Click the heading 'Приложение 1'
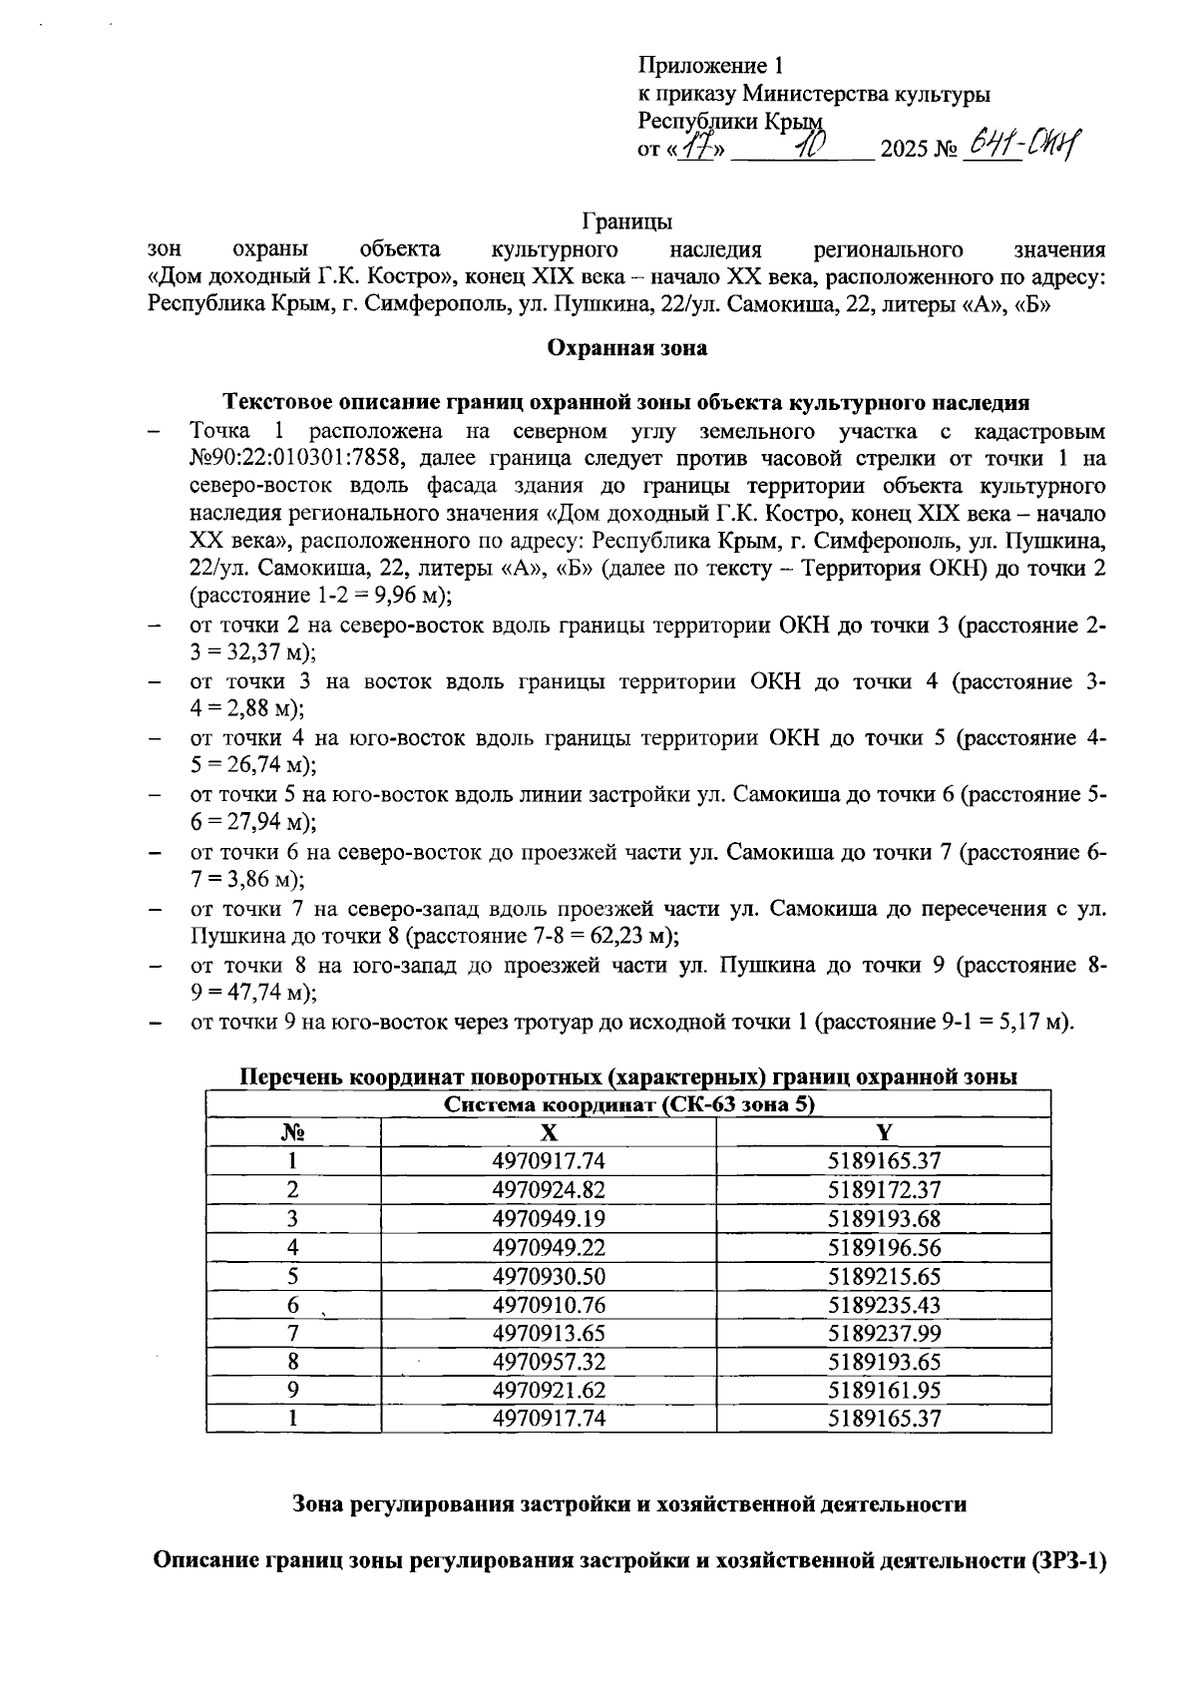[x=710, y=67]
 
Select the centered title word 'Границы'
[x=627, y=220]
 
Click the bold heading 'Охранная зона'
[x=627, y=348]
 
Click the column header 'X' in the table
[x=549, y=1132]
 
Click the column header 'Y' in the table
[x=884, y=1132]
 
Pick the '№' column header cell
[x=292, y=1132]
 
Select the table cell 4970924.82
[x=549, y=1190]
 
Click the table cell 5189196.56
[x=884, y=1248]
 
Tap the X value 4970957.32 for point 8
[x=549, y=1362]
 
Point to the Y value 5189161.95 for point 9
[x=884, y=1391]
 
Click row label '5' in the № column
[x=292, y=1276]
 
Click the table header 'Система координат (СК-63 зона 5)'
[x=628, y=1104]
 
